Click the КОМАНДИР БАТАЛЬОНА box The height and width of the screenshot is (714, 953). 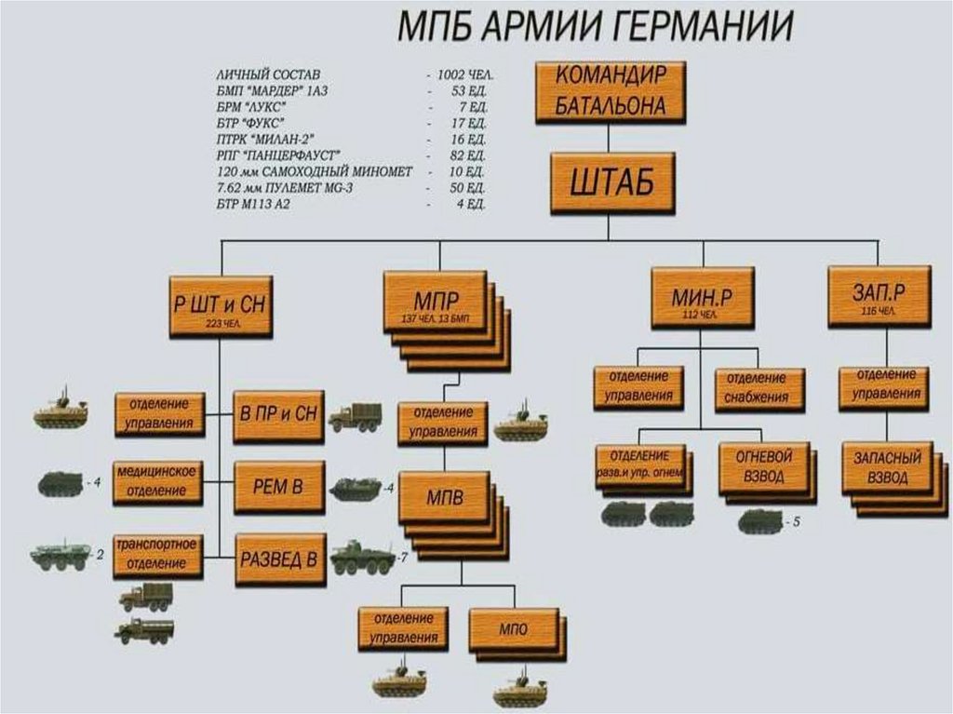(x=610, y=92)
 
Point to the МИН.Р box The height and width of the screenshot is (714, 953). (x=702, y=298)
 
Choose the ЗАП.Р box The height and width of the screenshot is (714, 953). (x=879, y=295)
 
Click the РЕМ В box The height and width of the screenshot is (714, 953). (x=279, y=487)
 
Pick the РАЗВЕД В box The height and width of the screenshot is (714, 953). (x=280, y=559)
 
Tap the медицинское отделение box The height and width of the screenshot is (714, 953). (x=157, y=481)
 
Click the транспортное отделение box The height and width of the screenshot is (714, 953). (x=157, y=553)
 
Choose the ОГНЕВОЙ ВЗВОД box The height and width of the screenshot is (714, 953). (x=763, y=467)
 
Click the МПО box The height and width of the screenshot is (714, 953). (x=512, y=630)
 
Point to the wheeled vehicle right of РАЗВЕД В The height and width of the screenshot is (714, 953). (x=362, y=558)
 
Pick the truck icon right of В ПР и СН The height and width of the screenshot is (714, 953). (x=355, y=417)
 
